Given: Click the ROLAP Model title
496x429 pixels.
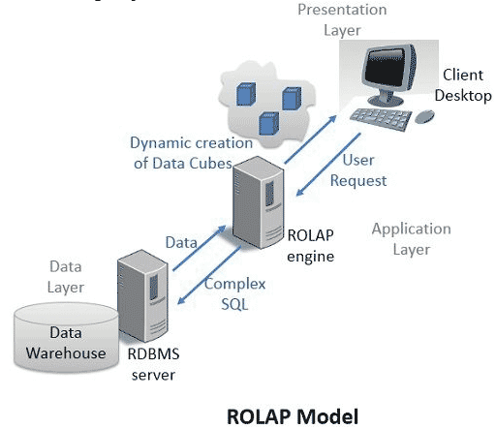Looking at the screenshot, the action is pyautogui.click(x=293, y=416).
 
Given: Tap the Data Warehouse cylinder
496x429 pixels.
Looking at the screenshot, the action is pyautogui.click(x=66, y=338).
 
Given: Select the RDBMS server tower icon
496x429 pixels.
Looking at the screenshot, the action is pyautogui.click(x=142, y=295).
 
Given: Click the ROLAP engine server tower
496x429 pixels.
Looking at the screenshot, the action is pyautogui.click(x=259, y=202).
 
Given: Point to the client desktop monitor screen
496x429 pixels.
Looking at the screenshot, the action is pyautogui.click(x=385, y=69).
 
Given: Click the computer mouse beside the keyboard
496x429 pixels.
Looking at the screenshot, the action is pyautogui.click(x=424, y=117).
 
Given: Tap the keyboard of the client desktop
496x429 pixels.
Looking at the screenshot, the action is pyautogui.click(x=381, y=119).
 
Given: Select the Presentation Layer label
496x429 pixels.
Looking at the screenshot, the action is pyautogui.click(x=342, y=19).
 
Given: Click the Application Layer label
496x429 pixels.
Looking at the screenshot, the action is pyautogui.click(x=412, y=239).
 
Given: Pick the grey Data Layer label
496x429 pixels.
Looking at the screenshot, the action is pyautogui.click(x=66, y=277).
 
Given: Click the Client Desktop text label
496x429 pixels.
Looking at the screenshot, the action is pyautogui.click(x=463, y=85).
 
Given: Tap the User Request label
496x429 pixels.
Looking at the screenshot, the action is pyautogui.click(x=358, y=170).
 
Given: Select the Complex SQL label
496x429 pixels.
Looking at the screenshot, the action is pyautogui.click(x=234, y=293).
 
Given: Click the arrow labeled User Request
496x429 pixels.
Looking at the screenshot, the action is pyautogui.click(x=328, y=165).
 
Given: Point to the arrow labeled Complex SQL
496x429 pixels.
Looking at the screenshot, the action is pyautogui.click(x=209, y=275).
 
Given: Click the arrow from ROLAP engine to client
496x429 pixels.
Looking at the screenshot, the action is pyautogui.click(x=311, y=139).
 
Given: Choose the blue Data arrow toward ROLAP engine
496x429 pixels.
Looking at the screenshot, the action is pyautogui.click(x=200, y=248).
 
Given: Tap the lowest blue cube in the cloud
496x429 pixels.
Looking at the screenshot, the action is pyautogui.click(x=269, y=123).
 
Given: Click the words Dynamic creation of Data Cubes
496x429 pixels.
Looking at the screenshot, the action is pyautogui.click(x=192, y=153).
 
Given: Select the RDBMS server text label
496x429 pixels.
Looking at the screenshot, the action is pyautogui.click(x=153, y=364).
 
